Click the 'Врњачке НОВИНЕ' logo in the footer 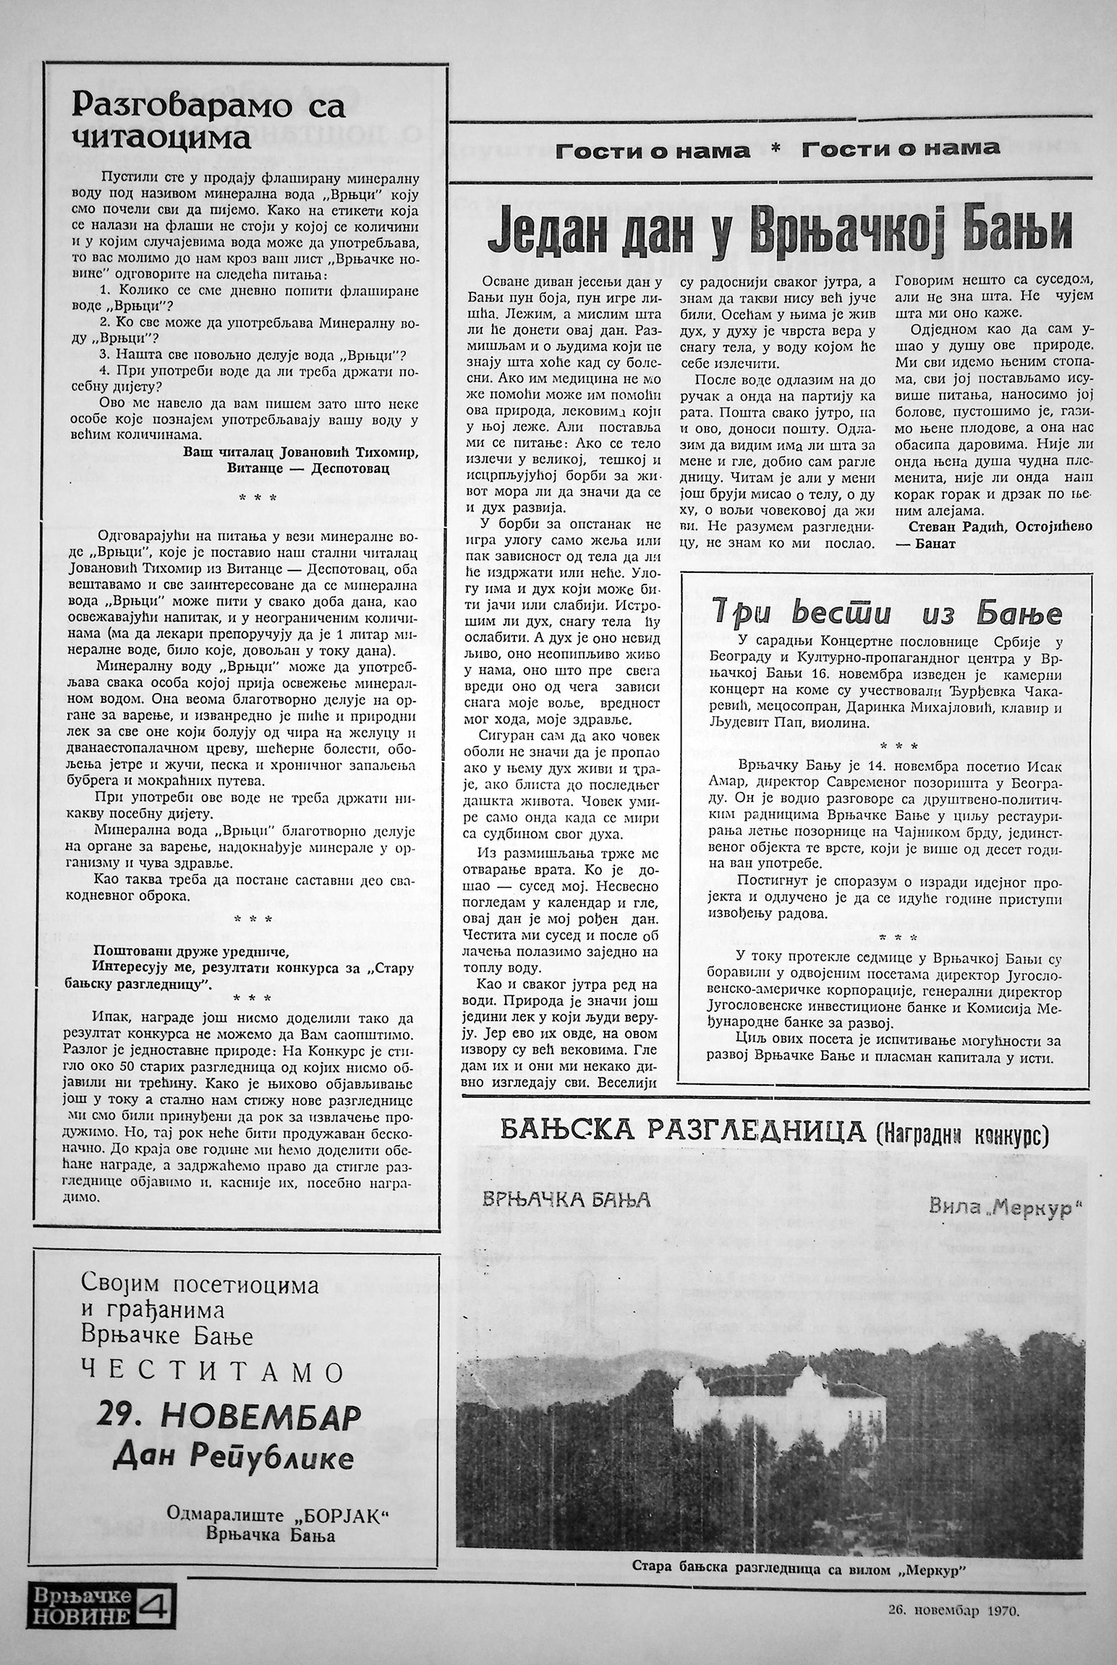click(80, 1613)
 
